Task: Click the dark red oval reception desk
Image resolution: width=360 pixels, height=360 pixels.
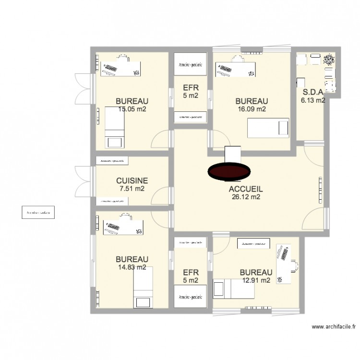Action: [x=228, y=171]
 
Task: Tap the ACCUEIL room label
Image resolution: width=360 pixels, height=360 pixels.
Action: [x=245, y=189]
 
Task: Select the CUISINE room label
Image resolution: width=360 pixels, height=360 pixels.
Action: [x=132, y=181]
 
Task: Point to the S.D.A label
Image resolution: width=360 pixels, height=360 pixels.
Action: [x=312, y=93]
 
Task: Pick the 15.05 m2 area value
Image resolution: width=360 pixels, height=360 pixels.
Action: [x=132, y=109]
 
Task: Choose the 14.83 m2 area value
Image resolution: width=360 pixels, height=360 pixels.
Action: [x=132, y=267]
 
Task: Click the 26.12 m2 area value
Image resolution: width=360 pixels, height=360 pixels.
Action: [x=245, y=197]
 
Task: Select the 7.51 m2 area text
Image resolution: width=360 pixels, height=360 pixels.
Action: [x=132, y=189]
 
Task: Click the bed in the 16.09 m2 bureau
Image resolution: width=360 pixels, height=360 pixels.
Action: [x=268, y=128]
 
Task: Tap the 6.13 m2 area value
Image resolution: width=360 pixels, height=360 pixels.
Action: [x=312, y=100]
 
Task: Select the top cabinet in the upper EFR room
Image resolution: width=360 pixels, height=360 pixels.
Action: [x=191, y=68]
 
